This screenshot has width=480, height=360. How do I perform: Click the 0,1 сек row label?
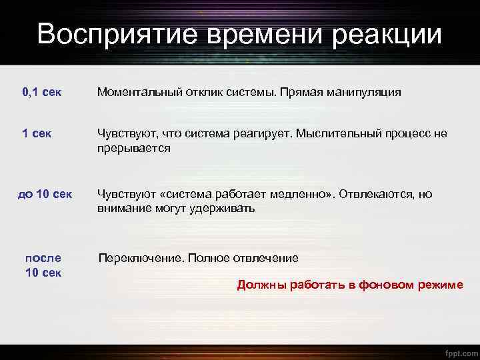[x=42, y=92]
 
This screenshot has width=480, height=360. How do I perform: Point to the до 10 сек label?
[x=45, y=195]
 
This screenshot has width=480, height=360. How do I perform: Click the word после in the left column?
[x=43, y=258]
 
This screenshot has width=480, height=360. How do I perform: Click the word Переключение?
[x=139, y=258]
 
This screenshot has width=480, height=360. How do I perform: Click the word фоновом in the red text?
[x=385, y=285]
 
